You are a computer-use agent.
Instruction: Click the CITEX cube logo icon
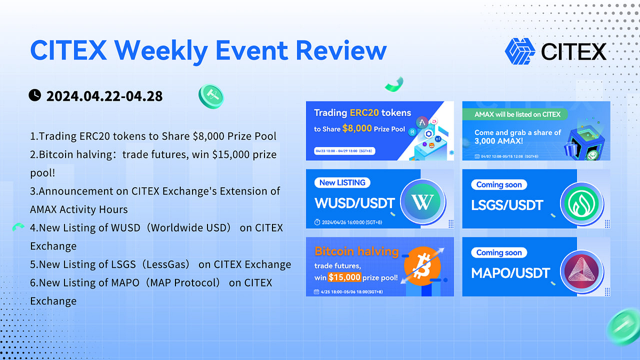(x=519, y=51)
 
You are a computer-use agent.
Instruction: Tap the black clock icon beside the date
(x=35, y=95)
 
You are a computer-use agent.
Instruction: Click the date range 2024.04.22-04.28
(x=105, y=96)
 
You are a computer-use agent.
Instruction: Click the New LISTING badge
(x=342, y=182)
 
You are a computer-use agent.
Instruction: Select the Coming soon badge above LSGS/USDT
(x=499, y=185)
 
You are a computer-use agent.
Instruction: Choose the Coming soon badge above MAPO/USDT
(x=499, y=252)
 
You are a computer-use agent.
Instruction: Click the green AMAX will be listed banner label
(x=517, y=114)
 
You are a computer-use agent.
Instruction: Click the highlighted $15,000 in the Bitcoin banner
(x=345, y=277)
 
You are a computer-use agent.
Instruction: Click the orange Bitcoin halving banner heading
(x=356, y=251)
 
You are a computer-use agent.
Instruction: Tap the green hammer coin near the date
(x=211, y=96)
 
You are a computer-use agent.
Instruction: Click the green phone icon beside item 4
(x=19, y=227)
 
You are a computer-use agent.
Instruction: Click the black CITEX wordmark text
(x=573, y=52)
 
